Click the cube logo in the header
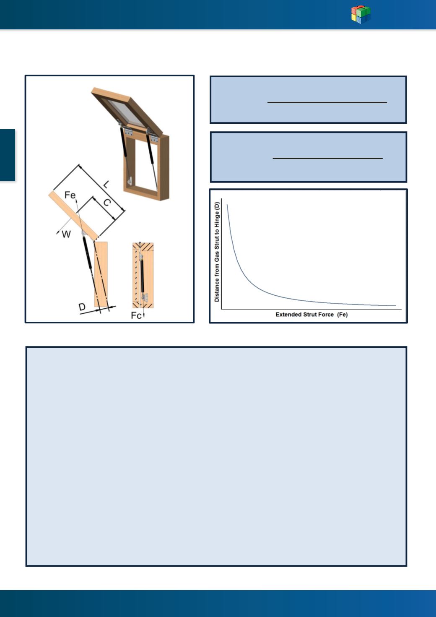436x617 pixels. (x=361, y=14)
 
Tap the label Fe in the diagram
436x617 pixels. (x=70, y=195)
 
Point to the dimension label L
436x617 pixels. (x=106, y=184)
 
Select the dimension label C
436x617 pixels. (x=106, y=203)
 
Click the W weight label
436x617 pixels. (x=66, y=234)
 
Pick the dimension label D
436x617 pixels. (x=82, y=307)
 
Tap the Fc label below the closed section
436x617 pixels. (x=136, y=315)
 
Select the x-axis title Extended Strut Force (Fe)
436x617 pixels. (x=311, y=314)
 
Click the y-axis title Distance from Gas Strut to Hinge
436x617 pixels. (x=217, y=252)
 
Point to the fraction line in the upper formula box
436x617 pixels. (x=327, y=102)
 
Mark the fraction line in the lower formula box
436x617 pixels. (x=327, y=158)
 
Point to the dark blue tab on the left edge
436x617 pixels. (x=7, y=155)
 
